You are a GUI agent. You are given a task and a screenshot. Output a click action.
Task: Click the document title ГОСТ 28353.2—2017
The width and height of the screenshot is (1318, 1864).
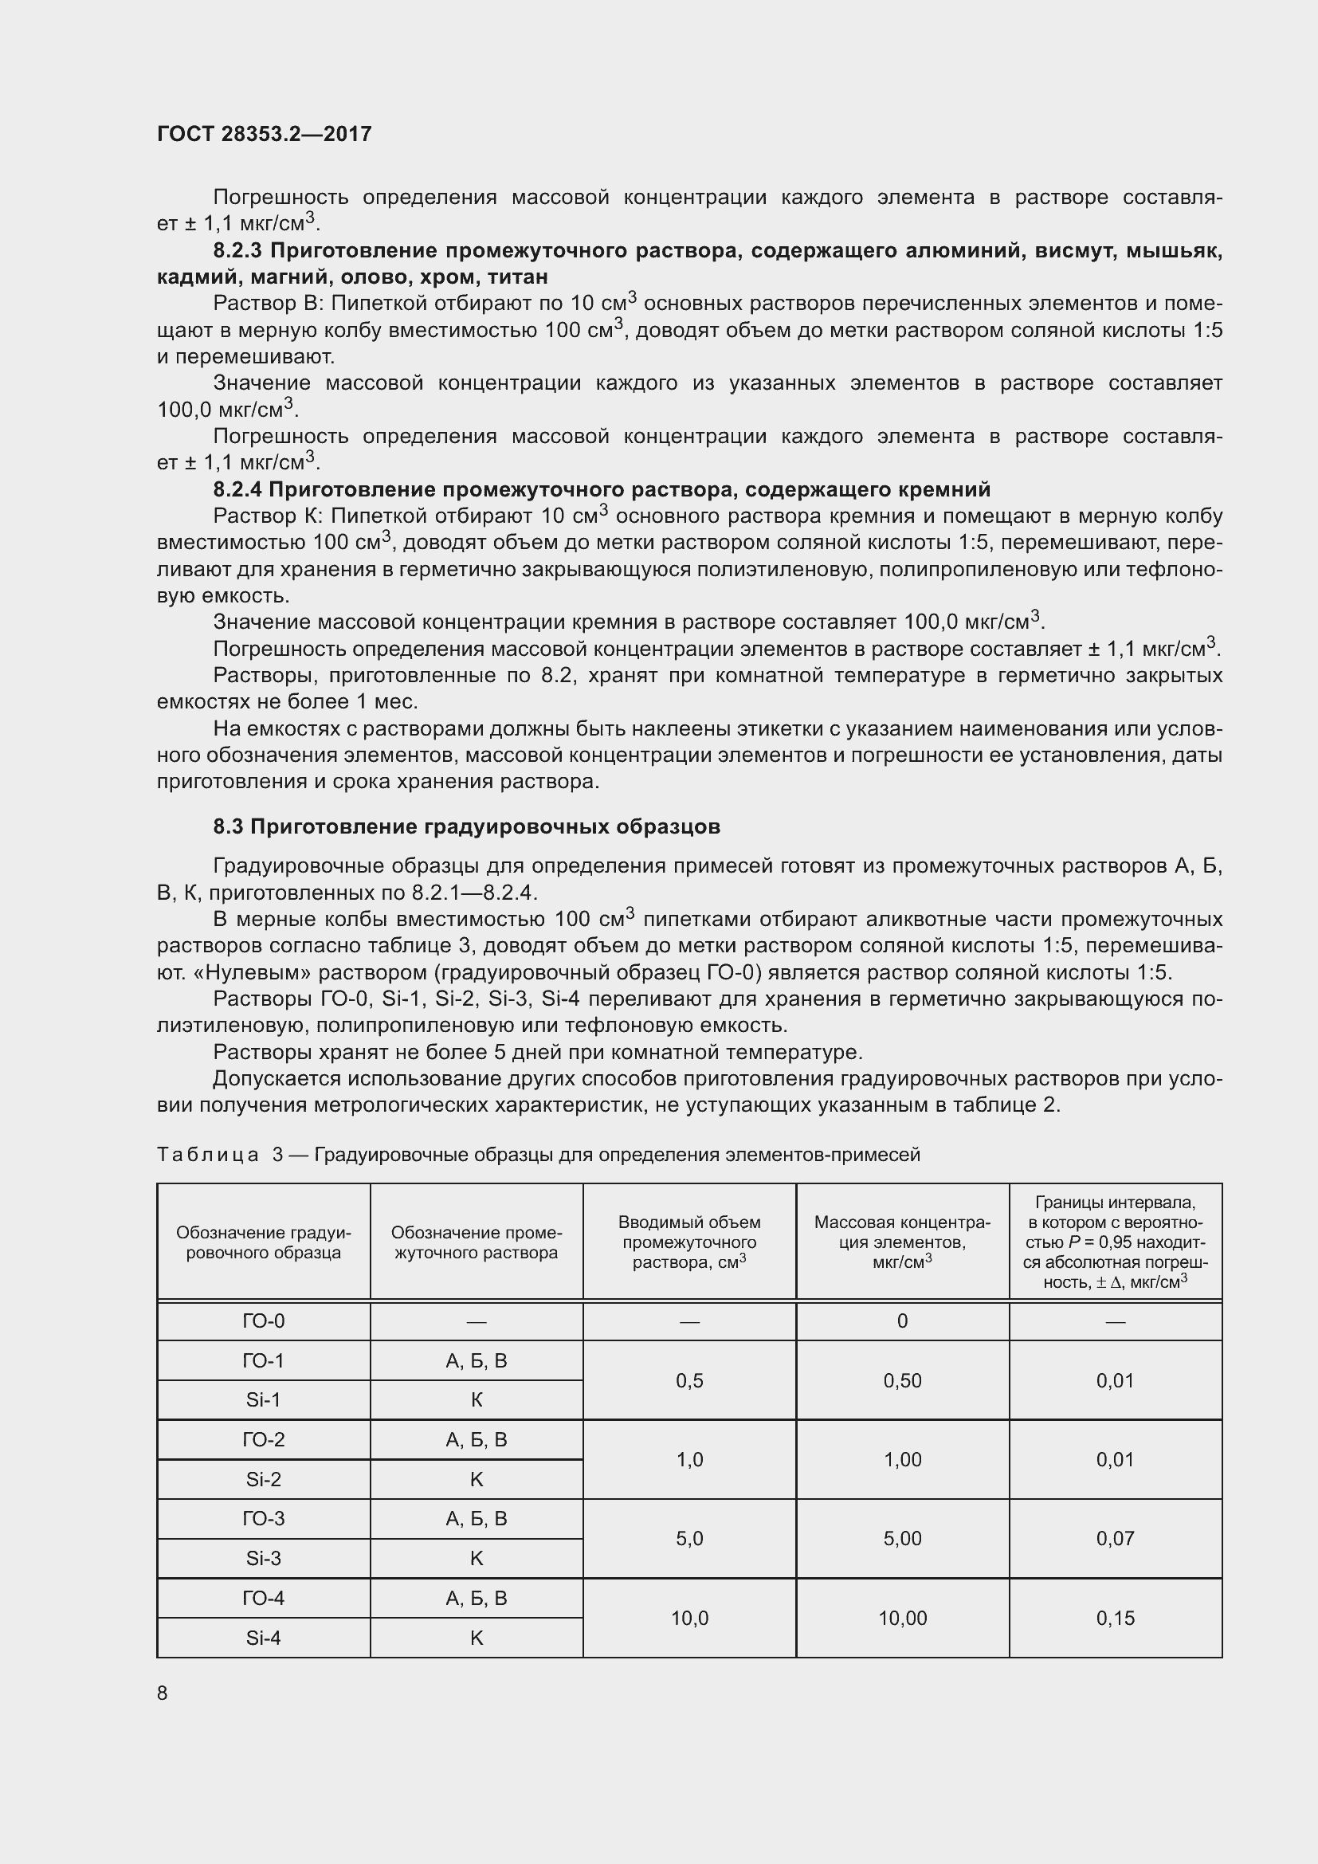tap(264, 134)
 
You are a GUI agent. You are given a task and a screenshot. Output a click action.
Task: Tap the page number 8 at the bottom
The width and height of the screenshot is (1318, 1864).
tap(163, 1693)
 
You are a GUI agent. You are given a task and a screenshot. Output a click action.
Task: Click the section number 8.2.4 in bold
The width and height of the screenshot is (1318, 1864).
tap(237, 489)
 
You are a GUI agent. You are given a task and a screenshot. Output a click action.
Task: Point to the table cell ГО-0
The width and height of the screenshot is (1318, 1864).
tap(264, 1320)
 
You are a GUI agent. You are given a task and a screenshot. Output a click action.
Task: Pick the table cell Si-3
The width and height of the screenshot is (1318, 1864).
tap(264, 1558)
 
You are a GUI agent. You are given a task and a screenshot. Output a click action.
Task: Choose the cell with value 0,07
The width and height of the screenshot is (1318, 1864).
tap(1115, 1537)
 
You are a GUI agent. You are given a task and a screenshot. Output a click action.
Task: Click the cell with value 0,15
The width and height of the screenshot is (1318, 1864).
tap(1115, 1617)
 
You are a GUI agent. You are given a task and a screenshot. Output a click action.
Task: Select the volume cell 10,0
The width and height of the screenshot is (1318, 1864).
tap(689, 1617)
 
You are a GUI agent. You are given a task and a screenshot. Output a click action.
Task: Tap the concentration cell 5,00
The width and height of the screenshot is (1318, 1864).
tap(903, 1537)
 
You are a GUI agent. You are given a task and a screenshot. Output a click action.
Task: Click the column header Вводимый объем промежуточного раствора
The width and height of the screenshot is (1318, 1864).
tap(689, 1242)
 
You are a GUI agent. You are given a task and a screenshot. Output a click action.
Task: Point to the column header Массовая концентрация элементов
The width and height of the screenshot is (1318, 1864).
tap(903, 1242)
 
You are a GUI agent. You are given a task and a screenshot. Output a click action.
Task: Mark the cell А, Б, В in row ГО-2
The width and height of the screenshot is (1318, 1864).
tap(477, 1439)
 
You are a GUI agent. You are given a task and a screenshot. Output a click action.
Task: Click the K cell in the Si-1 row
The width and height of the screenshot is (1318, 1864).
tap(477, 1399)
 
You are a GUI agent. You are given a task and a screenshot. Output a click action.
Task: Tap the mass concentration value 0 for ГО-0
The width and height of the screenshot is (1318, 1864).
tap(903, 1320)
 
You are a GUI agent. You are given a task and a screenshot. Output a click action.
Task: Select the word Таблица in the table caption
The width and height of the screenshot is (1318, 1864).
tap(208, 1155)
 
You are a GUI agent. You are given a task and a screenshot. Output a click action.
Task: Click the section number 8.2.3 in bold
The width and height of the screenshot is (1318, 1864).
tap(237, 251)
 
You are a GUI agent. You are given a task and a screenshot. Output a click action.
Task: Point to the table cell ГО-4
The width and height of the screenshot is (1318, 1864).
tap(264, 1598)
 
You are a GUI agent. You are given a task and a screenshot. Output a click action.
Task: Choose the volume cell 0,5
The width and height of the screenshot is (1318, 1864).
tap(689, 1380)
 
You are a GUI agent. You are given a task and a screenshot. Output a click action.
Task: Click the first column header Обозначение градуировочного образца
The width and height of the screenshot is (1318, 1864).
tap(264, 1242)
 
